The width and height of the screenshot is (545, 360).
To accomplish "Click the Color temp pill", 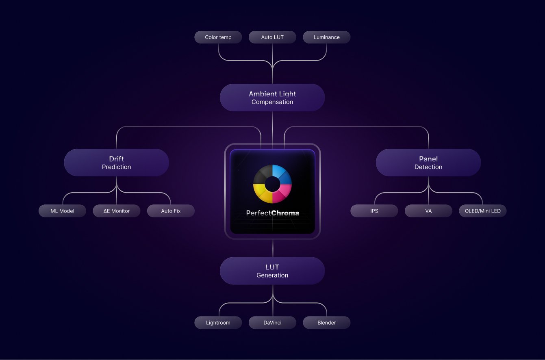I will coord(218,37).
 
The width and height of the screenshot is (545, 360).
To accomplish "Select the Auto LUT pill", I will coord(272,37).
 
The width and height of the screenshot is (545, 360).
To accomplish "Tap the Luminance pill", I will coord(326,37).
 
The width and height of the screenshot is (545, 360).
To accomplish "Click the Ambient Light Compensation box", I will coord(272,98).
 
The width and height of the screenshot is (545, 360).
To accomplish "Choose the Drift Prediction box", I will coord(116,163).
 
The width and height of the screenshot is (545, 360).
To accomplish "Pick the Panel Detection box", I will coord(428,163).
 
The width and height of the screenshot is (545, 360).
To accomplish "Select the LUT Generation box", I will coord(272,271).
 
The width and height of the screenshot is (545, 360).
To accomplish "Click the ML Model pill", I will coord(62,211).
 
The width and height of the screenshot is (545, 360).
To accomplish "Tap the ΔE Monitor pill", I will coord(117,211).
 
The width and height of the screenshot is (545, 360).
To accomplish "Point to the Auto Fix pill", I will coord(171,211).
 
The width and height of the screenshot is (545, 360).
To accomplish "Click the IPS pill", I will coord(374,211).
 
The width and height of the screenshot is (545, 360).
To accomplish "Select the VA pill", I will coord(428,211).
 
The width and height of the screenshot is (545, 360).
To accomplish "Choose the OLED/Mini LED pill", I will coord(482,211).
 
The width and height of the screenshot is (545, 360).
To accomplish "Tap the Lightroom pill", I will coord(218,323).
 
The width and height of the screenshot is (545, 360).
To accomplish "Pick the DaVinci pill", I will coord(272,323).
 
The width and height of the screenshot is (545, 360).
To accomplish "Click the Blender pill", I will coord(326,323).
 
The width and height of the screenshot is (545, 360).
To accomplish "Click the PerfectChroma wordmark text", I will coord(272,213).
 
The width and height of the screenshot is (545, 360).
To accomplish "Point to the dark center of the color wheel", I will coord(272,184).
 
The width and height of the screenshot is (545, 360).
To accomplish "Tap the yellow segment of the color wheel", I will coord(263,194).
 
